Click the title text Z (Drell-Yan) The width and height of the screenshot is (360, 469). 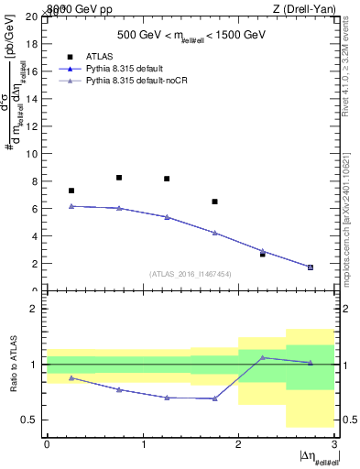[x=304, y=8]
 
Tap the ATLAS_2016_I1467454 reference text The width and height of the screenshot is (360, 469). [x=191, y=273]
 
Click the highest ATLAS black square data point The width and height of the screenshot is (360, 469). [x=119, y=178]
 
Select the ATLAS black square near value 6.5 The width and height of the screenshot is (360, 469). [x=214, y=202]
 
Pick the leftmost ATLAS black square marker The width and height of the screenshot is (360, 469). [x=71, y=191]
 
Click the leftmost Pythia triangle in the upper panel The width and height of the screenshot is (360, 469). [x=71, y=206]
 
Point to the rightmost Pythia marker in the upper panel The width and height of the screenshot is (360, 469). [x=311, y=267]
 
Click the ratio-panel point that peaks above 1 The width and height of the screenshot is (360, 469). [x=263, y=358]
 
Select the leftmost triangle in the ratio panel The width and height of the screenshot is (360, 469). [x=71, y=377]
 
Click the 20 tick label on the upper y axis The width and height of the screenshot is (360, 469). [x=32, y=16]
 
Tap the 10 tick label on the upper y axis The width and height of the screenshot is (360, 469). [x=32, y=154]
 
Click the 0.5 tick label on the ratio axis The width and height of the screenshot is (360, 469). [x=29, y=420]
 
